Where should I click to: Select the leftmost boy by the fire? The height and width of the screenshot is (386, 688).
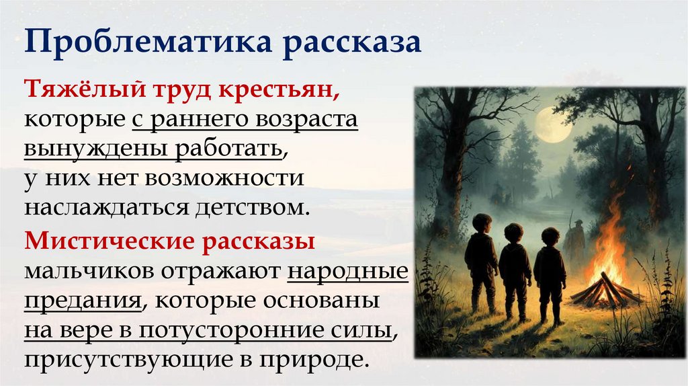coord(482,262)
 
